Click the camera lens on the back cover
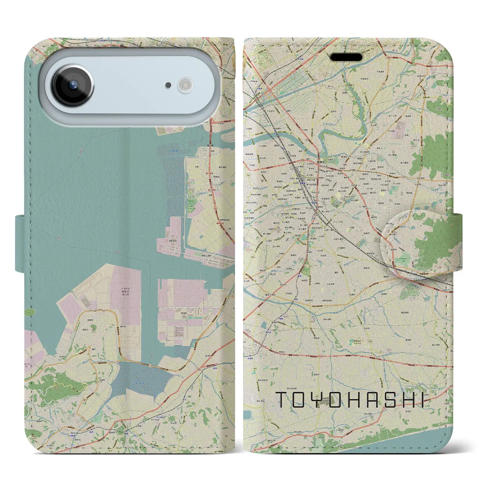pyautogui.click(x=73, y=85)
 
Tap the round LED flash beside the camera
pyautogui.click(x=185, y=86)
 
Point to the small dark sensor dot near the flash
pyautogui.click(x=168, y=86)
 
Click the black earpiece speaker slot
pyautogui.click(x=346, y=57)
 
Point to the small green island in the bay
pyautogui.click(x=29, y=312)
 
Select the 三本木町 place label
pyautogui.click(x=329, y=284)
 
